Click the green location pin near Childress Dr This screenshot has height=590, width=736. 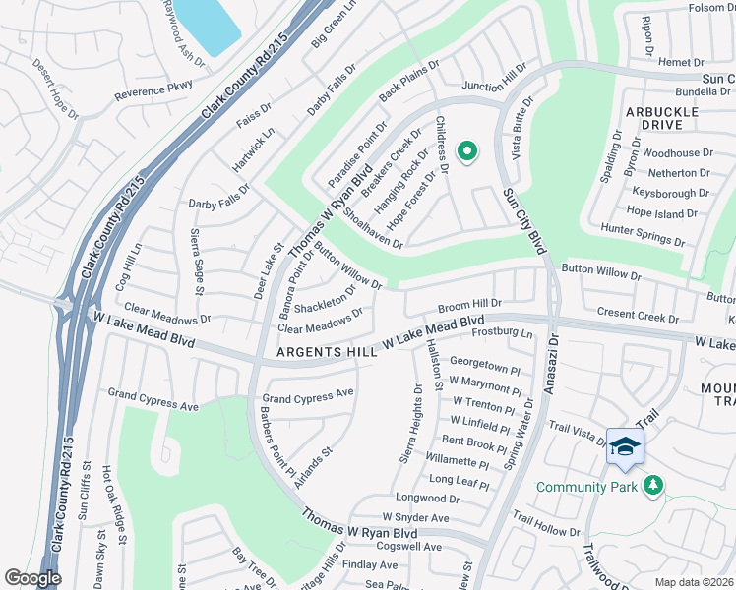[x=467, y=151]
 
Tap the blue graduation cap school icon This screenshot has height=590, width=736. [x=625, y=446]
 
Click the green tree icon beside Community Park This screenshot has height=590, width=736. [x=651, y=485]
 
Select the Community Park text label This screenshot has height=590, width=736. [x=586, y=487]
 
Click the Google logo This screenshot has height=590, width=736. [x=32, y=578]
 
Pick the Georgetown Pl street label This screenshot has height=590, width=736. [x=484, y=368]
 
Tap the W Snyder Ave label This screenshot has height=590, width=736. [x=415, y=517]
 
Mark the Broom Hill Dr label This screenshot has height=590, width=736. [x=469, y=305]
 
